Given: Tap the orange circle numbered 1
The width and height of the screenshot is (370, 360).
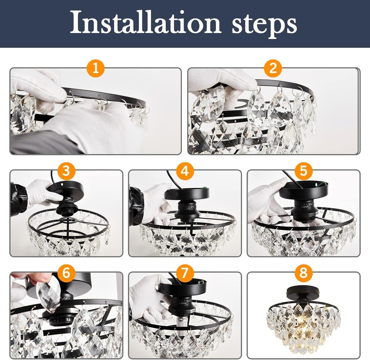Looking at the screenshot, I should point(96,68).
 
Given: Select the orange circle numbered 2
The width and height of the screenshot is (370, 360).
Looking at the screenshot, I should point(273,68).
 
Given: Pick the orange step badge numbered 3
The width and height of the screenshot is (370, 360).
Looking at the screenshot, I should point(66,171).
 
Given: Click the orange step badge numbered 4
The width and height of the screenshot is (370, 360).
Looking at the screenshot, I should point(185,171).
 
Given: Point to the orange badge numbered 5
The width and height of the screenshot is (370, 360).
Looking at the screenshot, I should point(303,171).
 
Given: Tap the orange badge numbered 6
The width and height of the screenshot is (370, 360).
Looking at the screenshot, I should point(66,273).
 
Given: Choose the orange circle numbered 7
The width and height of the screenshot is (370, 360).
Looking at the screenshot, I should point(185,273).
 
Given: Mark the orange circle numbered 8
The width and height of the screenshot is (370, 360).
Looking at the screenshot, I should point(303,273).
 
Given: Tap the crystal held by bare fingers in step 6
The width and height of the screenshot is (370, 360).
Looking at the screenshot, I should point(48,294).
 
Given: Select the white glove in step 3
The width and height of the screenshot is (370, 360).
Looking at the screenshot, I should point(40,194).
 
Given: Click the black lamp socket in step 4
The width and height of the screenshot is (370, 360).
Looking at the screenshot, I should point(187,210).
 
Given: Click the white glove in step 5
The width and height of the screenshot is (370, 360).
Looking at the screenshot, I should point(266,203).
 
